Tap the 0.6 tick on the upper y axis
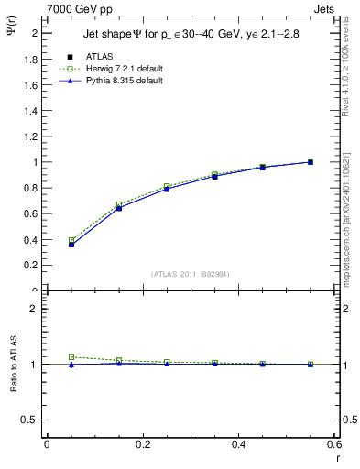[x=33, y=213]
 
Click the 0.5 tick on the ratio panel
[x=33, y=420]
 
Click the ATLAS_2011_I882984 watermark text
[x=190, y=273]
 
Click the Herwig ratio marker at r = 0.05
[x=71, y=357]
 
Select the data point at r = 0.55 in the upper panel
[x=311, y=162]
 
